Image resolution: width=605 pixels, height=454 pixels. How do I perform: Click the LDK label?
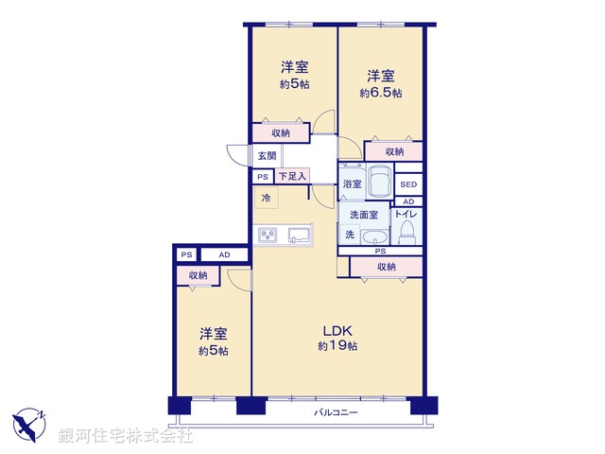pyautogui.click(x=337, y=330)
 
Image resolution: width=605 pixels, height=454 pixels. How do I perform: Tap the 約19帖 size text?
pyautogui.click(x=337, y=346)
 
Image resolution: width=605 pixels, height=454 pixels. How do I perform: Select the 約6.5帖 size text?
pyautogui.click(x=380, y=93)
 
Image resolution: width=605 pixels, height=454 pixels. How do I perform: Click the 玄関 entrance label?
pyautogui.click(x=264, y=156)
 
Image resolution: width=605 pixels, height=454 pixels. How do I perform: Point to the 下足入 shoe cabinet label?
pyautogui.click(x=292, y=176)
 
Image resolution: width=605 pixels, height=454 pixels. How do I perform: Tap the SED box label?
pyautogui.click(x=408, y=184)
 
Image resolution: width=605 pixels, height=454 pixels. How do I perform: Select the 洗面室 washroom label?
pyautogui.click(x=365, y=215)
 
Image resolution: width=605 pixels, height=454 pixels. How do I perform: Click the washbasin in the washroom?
pyautogui.click(x=375, y=236)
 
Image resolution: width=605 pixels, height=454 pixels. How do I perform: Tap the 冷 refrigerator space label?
pyautogui.click(x=266, y=198)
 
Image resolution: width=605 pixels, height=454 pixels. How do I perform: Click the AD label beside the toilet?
pyautogui.click(x=408, y=201)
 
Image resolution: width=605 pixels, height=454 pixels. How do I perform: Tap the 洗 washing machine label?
pyautogui.click(x=350, y=235)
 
